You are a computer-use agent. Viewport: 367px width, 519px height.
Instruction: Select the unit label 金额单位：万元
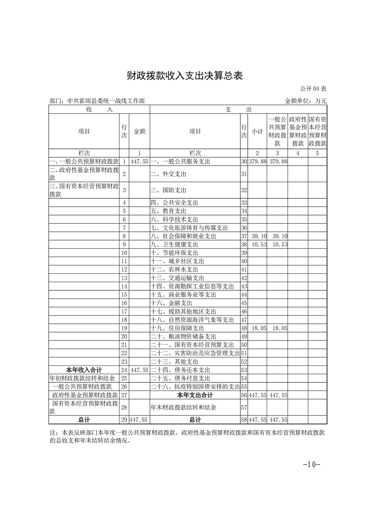tap(305, 100)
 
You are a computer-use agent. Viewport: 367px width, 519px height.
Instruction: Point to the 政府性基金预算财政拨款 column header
tap(298, 131)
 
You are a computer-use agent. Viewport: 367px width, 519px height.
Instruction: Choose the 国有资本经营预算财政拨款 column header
tap(317, 131)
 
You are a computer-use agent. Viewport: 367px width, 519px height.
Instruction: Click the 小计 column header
tap(257, 131)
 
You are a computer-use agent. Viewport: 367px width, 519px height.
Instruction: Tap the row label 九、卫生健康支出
tap(174, 244)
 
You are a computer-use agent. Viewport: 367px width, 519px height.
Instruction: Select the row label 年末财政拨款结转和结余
tap(184, 408)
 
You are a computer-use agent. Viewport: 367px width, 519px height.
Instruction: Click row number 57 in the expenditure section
tap(244, 408)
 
